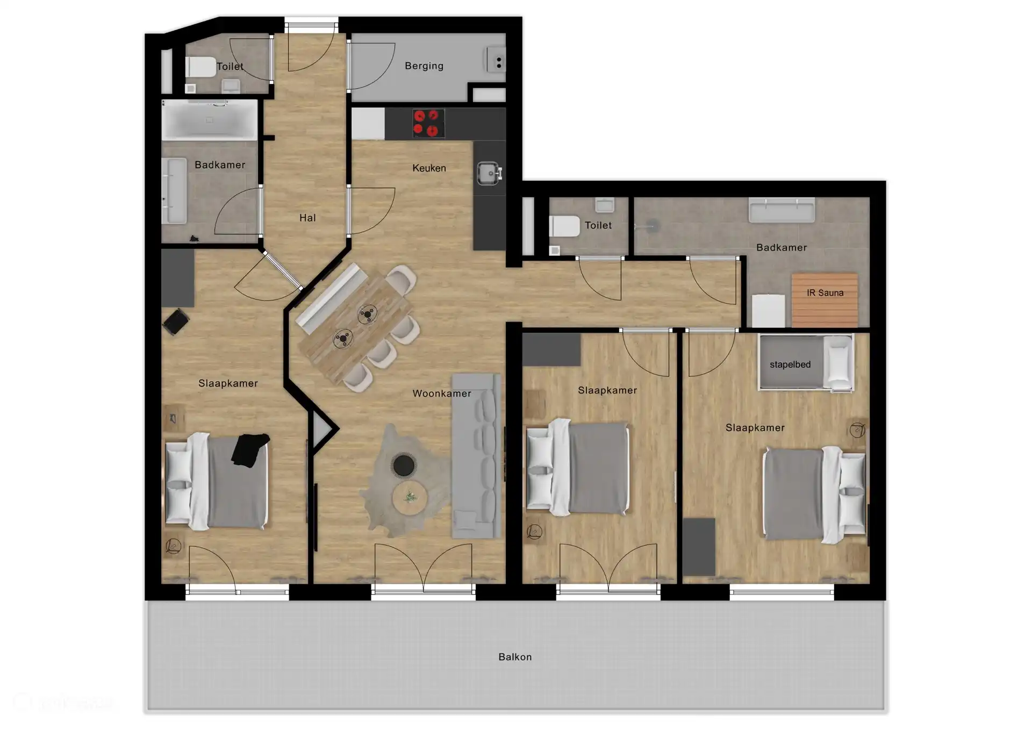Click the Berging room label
424,66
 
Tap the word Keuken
429,168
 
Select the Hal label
307,218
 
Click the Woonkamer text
441,393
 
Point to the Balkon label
515,657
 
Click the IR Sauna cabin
825,300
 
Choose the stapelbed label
790,364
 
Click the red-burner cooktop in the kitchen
428,123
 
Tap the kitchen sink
489,174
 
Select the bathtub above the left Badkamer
210,120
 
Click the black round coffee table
404,466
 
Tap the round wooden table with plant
410,498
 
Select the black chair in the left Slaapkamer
176,321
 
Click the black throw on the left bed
249,449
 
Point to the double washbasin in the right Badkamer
782,210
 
